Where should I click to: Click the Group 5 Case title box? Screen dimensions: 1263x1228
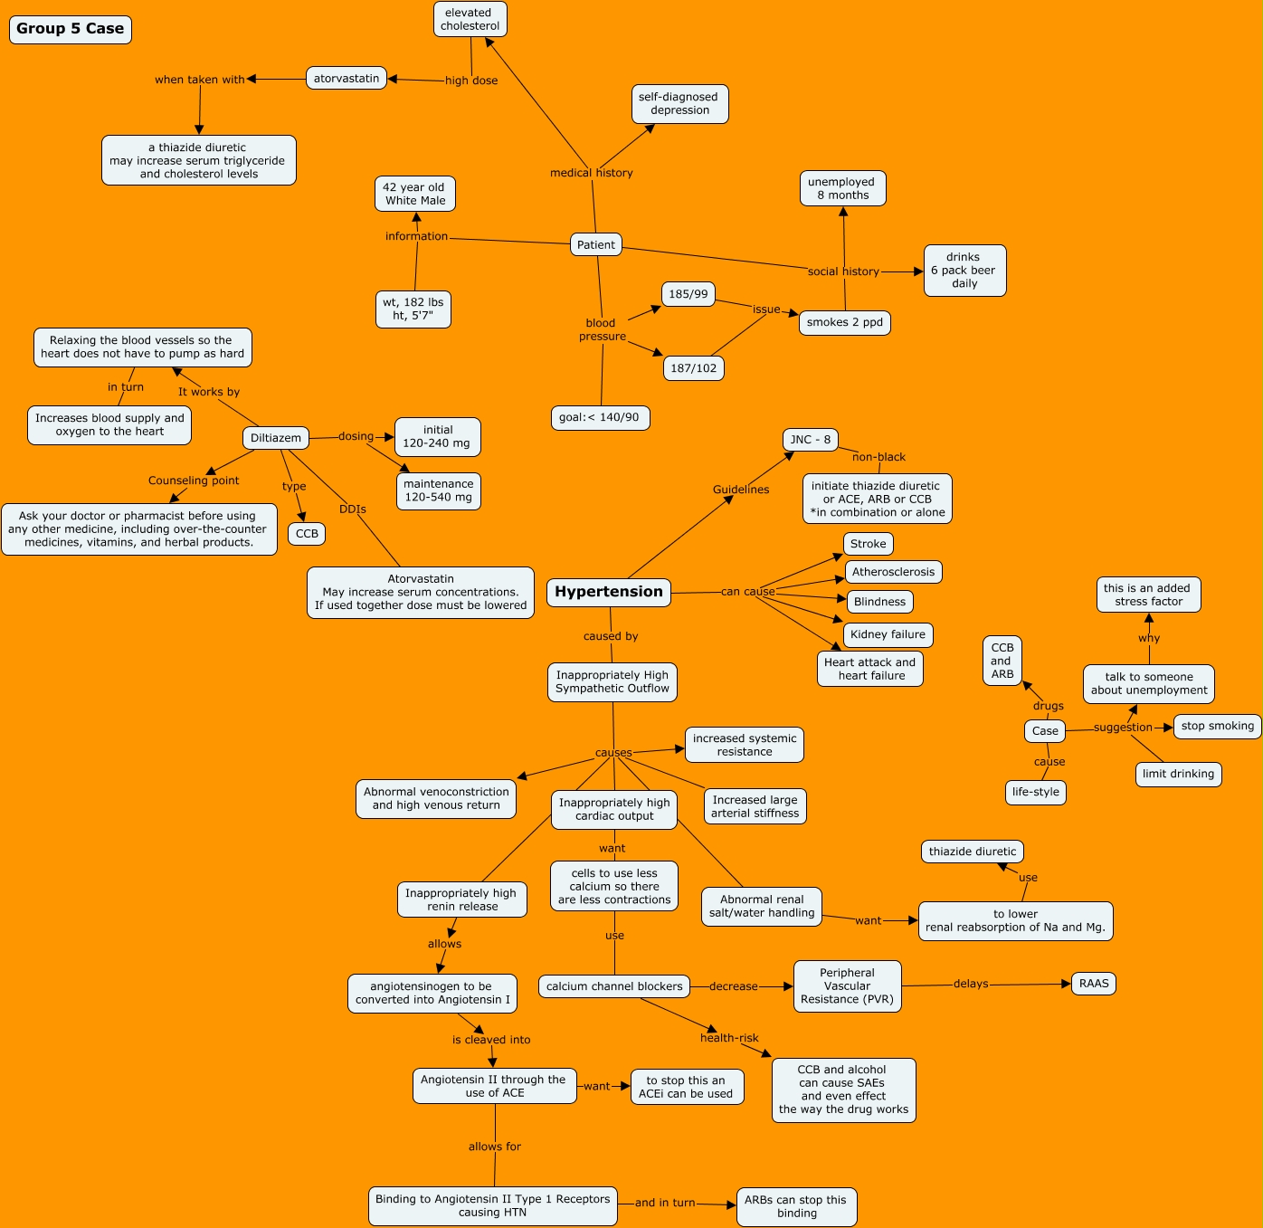[71, 29]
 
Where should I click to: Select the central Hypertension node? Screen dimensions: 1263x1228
[609, 592]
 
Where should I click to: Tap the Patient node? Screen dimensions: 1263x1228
[596, 244]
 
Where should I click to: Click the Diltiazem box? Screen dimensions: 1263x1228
[276, 438]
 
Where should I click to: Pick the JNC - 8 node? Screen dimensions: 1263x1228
[810, 440]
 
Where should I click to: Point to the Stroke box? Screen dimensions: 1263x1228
[869, 544]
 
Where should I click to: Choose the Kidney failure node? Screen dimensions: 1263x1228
[888, 634]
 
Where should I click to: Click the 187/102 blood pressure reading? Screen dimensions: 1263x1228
[694, 368]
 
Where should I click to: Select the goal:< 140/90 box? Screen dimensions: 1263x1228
[599, 417]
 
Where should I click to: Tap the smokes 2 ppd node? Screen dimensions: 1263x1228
[845, 322]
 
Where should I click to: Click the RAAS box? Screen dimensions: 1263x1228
[1094, 984]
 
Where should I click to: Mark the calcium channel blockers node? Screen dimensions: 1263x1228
[614, 986]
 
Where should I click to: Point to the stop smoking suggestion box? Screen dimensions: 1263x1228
[1218, 726]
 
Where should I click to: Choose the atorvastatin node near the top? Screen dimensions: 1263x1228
[347, 79]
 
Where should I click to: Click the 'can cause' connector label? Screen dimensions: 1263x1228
[748, 592]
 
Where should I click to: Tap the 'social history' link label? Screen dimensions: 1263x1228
[843, 271]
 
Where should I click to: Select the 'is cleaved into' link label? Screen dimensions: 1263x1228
[491, 1040]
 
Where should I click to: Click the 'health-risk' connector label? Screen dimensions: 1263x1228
[729, 1038]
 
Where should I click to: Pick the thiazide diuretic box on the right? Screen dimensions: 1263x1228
[973, 852]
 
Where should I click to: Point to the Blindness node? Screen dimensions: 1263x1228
[879, 602]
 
